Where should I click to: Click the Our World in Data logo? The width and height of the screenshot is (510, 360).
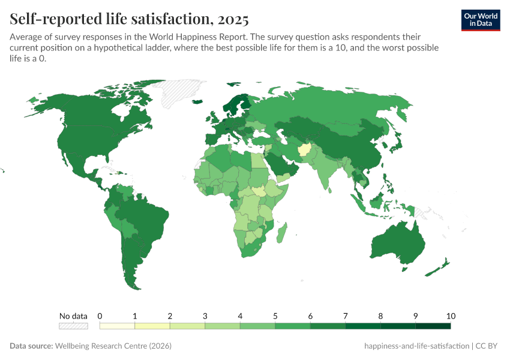[480, 20]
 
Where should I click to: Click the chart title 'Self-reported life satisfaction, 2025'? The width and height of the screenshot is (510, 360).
[129, 19]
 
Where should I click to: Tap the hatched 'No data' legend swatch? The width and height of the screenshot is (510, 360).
[73, 326]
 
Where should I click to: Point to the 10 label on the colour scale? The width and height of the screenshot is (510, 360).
[451, 316]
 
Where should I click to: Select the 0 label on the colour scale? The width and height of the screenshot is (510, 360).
[100, 316]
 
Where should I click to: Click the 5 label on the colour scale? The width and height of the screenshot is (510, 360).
[275, 316]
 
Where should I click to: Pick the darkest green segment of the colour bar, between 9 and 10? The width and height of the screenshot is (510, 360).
[433, 326]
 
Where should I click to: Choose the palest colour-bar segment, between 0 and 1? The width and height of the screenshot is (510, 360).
[117, 326]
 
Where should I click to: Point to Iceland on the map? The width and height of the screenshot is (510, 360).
[197, 101]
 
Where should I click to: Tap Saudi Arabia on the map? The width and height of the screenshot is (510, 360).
[280, 163]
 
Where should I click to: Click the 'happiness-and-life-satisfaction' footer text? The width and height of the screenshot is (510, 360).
[416, 346]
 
